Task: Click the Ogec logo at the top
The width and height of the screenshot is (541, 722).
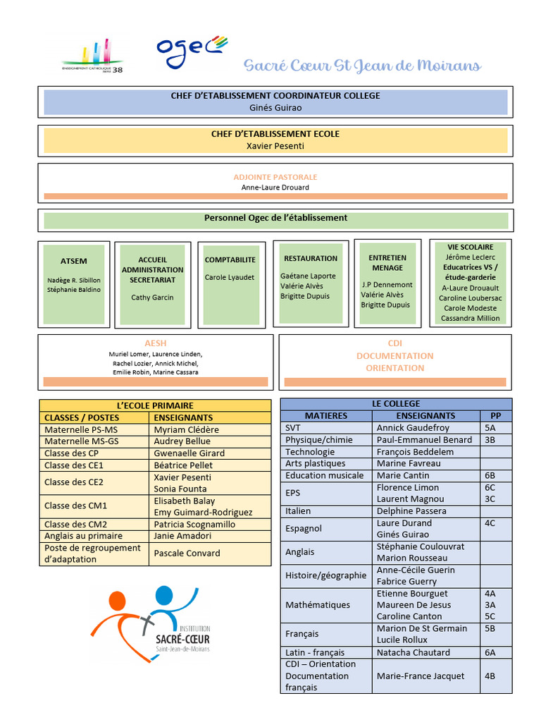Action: pyautogui.click(x=192, y=51)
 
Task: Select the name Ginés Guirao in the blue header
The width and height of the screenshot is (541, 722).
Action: pyautogui.click(x=275, y=108)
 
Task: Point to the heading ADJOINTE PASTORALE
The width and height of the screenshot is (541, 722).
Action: pyautogui.click(x=275, y=177)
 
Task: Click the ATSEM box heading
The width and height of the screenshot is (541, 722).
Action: pyautogui.click(x=74, y=261)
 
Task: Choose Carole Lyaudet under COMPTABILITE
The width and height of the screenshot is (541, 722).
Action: pyautogui.click(x=230, y=277)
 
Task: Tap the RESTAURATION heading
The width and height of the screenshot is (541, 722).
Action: pyautogui.click(x=311, y=259)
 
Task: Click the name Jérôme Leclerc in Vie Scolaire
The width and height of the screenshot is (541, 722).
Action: pyautogui.click(x=470, y=257)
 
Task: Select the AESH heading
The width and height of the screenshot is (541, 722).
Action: pyautogui.click(x=155, y=343)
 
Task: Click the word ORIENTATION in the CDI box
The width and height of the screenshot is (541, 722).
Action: pyautogui.click(x=394, y=368)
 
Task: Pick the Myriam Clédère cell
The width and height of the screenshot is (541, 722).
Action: pyautogui.click(x=187, y=429)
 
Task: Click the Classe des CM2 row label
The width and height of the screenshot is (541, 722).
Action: pyautogui.click(x=75, y=524)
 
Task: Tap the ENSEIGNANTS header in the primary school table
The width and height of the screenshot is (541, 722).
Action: pyautogui.click(x=183, y=417)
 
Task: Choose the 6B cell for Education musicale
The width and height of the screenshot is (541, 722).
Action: pyautogui.click(x=490, y=475)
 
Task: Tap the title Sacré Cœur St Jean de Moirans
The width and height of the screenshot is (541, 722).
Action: pyautogui.click(x=362, y=66)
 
